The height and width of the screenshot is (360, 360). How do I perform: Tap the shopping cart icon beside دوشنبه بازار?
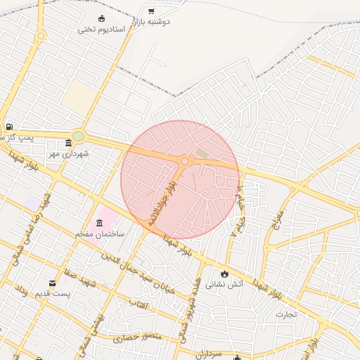pos(151,11)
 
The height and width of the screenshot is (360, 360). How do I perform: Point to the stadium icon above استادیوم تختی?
pos(102,18)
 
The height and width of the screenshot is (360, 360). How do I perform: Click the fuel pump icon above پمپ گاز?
pos(8,127)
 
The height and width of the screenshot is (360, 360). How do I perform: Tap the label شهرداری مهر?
pos(68,153)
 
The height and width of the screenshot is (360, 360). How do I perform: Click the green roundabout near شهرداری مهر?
pos(78,136)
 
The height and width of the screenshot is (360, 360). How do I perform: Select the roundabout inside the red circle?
pos(185,161)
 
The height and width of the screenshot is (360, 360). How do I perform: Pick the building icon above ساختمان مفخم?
pos(98,224)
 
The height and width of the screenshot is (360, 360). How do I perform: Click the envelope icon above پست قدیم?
pos(53,283)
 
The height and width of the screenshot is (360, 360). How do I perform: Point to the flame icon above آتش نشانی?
pos(224,273)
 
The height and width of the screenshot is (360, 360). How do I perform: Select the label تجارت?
pos(286,314)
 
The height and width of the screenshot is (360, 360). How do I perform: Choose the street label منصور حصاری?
pos(128,338)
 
